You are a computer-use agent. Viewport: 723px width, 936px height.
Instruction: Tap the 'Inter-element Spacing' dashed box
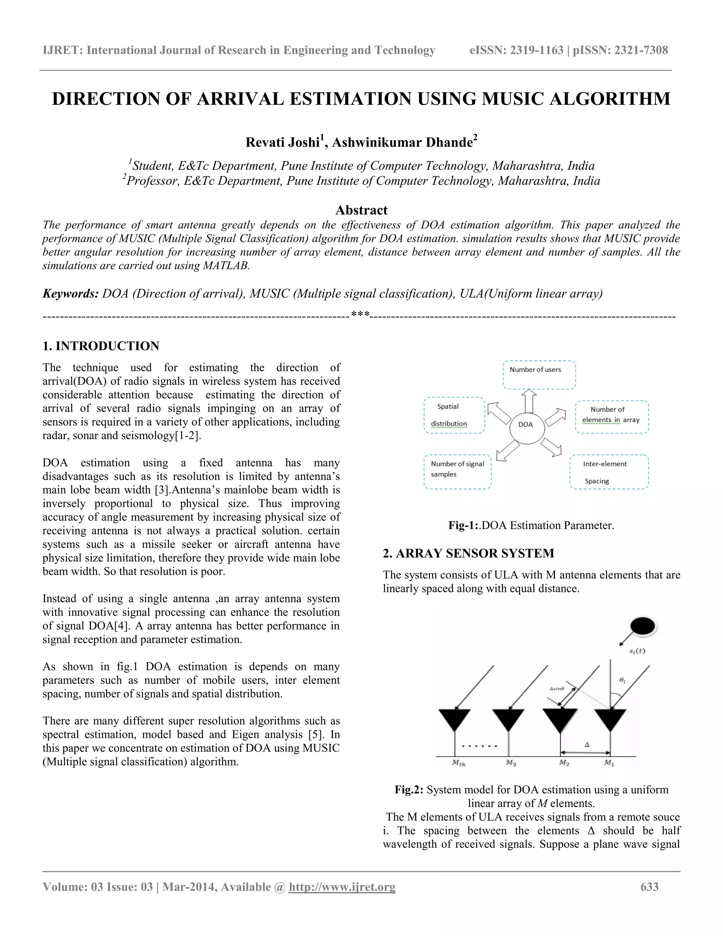tap(609, 472)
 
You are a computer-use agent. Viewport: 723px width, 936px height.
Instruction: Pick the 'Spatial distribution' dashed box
tap(454, 415)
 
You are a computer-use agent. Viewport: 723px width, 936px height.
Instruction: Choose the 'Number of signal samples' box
tap(458, 472)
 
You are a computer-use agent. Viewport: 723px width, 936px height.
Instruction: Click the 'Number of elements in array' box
tap(612, 416)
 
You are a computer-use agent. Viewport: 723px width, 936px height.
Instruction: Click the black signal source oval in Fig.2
tap(643, 627)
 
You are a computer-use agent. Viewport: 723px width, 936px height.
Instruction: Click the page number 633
tap(649, 887)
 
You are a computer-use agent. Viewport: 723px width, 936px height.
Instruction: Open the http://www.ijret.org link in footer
tap(342, 887)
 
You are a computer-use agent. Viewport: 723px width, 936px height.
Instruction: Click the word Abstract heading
tap(361, 210)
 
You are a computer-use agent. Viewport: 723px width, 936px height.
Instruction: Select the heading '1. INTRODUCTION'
tap(101, 346)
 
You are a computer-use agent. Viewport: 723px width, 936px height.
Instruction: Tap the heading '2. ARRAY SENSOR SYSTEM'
tap(468, 553)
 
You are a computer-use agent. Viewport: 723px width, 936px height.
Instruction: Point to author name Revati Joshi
tap(283, 142)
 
